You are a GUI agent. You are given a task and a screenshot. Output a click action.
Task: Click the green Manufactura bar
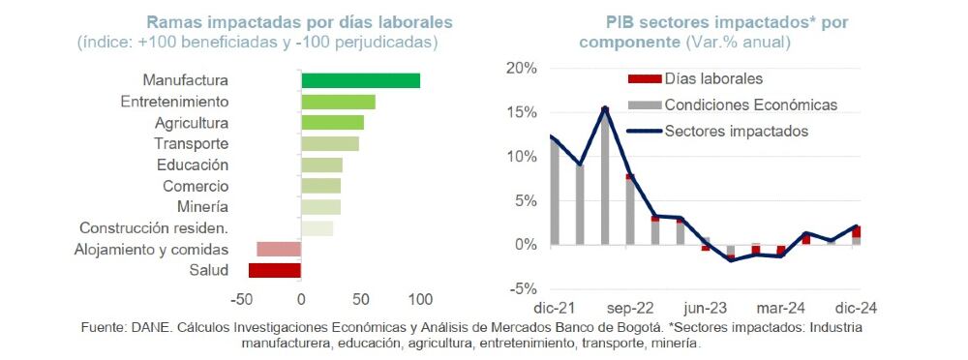click(360, 80)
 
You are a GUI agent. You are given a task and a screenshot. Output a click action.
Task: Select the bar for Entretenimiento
click(338, 102)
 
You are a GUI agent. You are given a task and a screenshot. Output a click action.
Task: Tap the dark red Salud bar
click(275, 270)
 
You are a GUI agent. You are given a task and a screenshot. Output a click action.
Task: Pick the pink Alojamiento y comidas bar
click(279, 250)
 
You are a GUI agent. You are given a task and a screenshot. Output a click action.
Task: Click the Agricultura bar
click(332, 123)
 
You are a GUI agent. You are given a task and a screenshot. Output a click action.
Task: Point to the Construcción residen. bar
click(317, 228)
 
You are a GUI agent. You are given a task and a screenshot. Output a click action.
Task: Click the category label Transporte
click(192, 143)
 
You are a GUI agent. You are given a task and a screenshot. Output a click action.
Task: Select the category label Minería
click(203, 207)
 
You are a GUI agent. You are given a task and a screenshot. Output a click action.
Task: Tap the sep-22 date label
click(630, 309)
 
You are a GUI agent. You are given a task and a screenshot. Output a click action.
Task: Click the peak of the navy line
click(604, 108)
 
